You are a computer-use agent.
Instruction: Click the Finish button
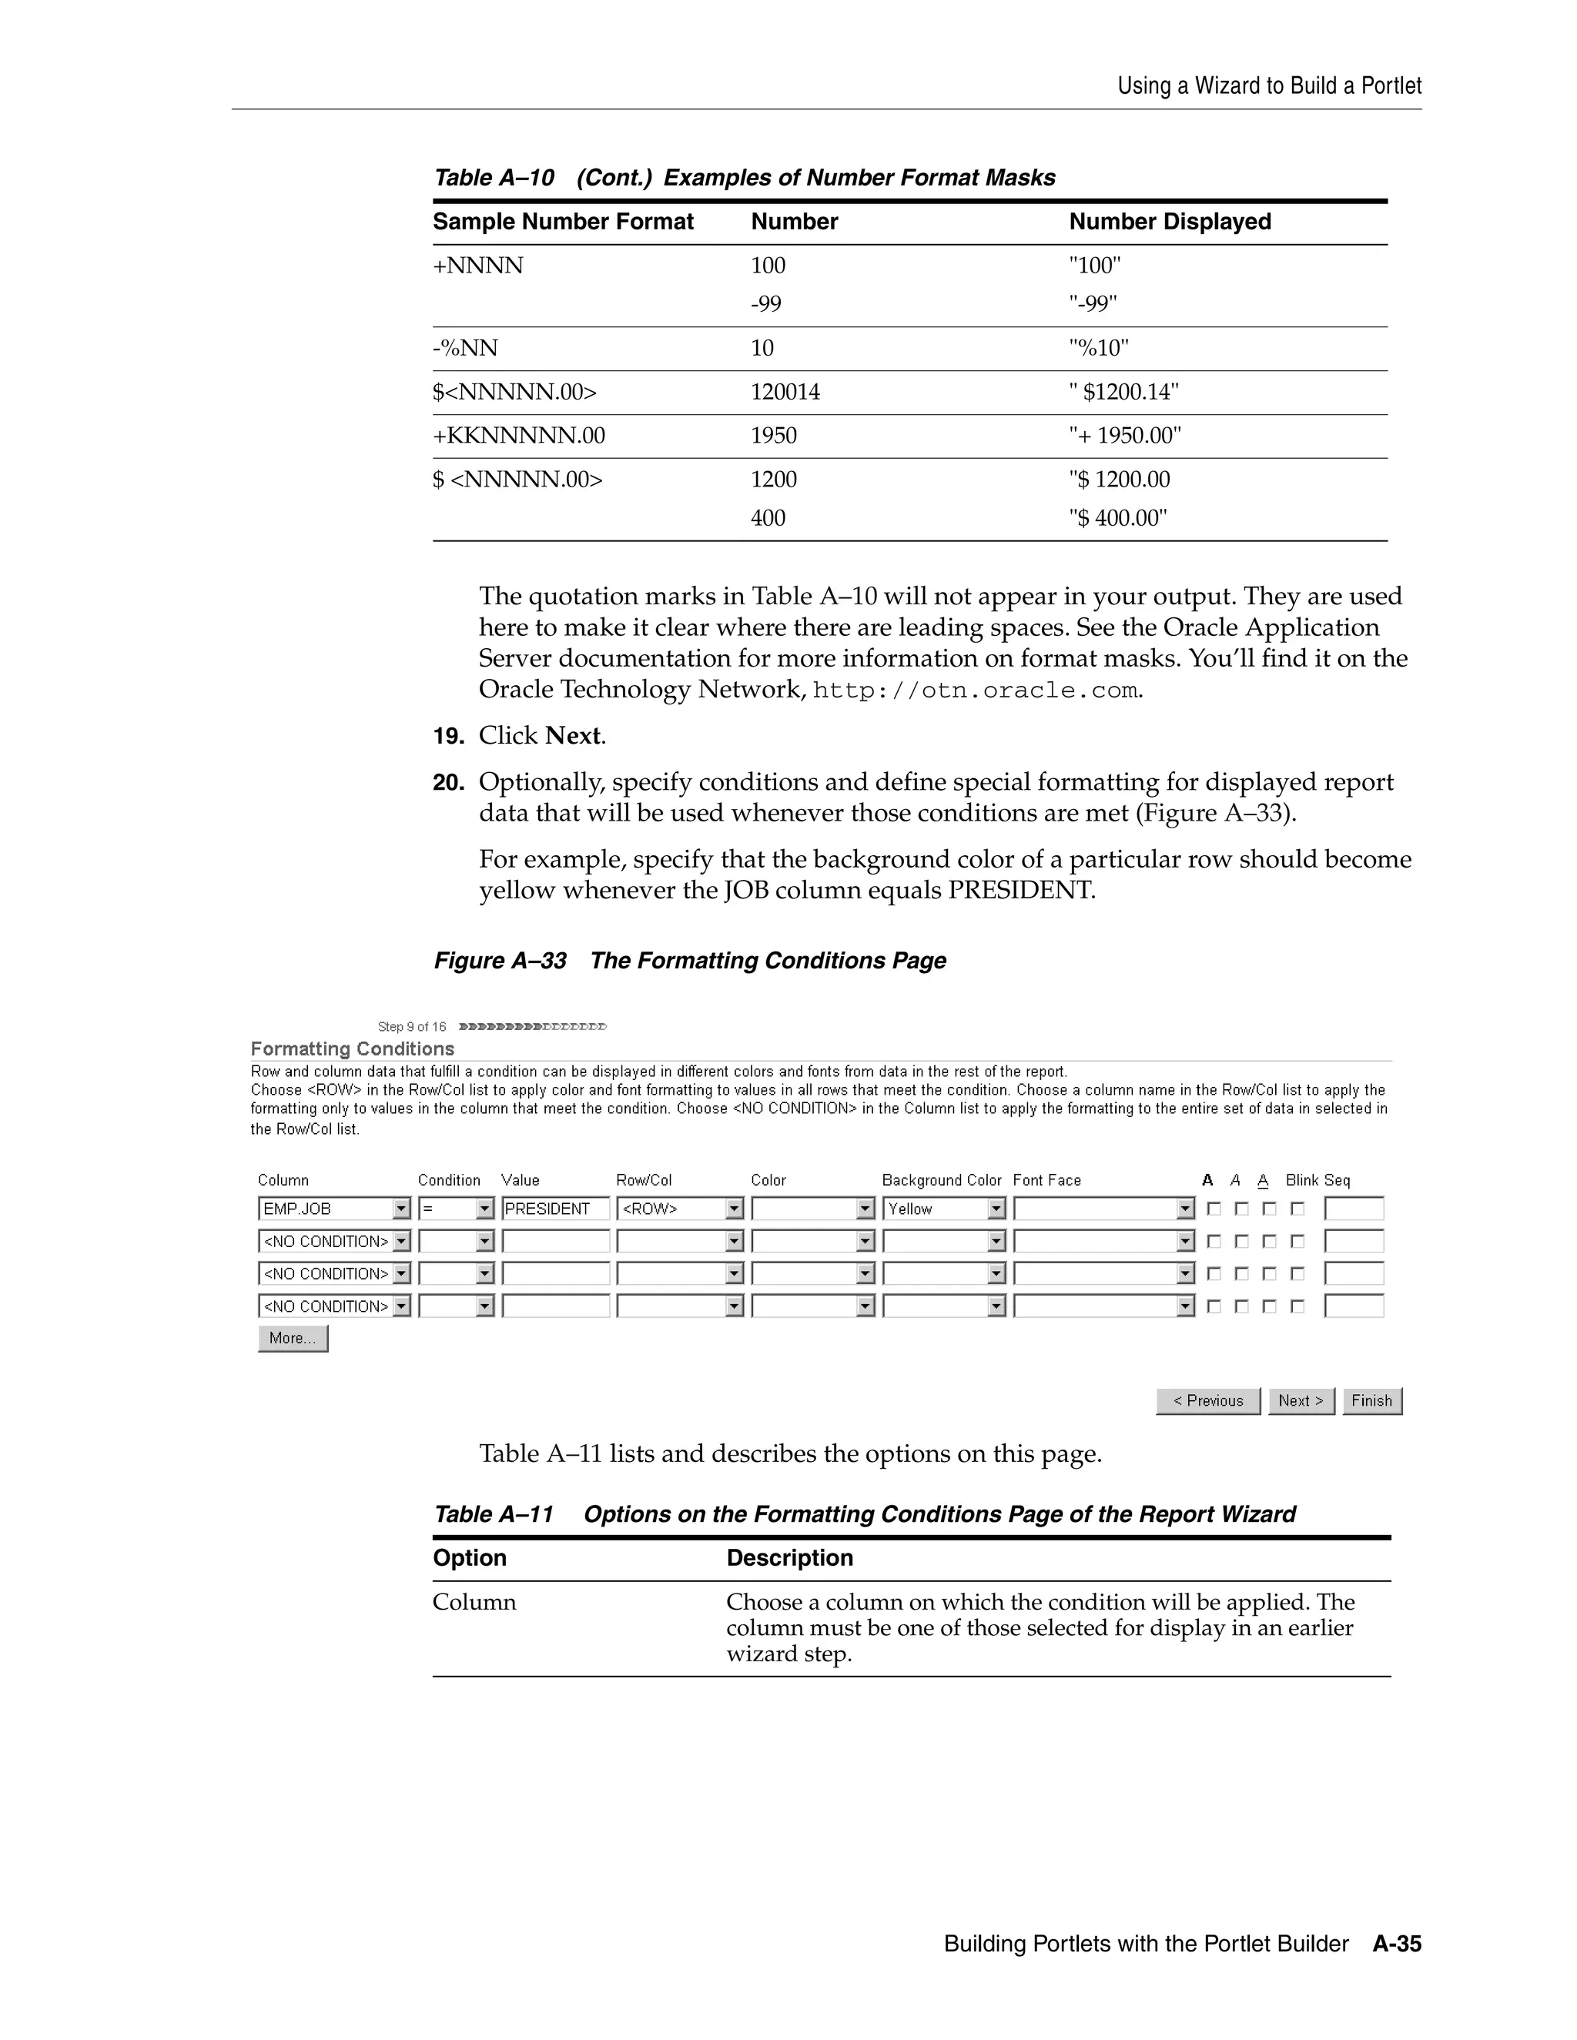(x=1371, y=1400)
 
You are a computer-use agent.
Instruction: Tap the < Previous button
(x=1207, y=1400)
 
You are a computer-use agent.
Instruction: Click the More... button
(x=293, y=1338)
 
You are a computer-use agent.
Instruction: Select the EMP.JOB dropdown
(x=333, y=1209)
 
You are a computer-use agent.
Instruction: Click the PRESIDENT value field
(x=555, y=1209)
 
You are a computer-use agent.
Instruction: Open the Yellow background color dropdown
(x=943, y=1209)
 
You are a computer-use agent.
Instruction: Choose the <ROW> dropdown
(x=679, y=1209)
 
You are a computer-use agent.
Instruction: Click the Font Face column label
(x=1046, y=1179)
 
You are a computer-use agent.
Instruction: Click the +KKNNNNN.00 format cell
(x=518, y=435)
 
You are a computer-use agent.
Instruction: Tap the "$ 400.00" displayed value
(x=1117, y=517)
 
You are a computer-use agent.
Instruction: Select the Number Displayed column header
(x=1170, y=222)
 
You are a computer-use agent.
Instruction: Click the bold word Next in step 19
(x=573, y=736)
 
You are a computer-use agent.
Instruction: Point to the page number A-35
(x=1397, y=1944)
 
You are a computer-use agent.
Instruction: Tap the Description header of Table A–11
(x=789, y=1557)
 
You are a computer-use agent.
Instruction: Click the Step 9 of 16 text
(x=411, y=1026)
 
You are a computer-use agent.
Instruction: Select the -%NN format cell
(x=465, y=349)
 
